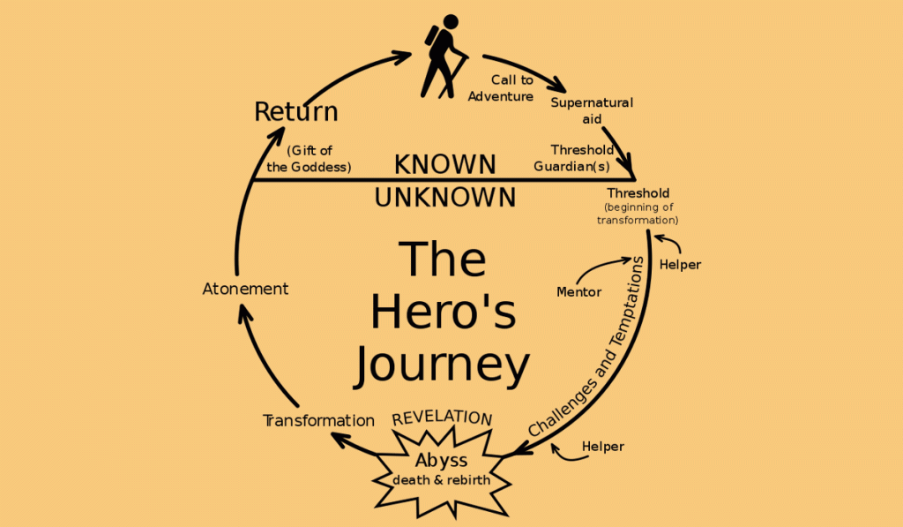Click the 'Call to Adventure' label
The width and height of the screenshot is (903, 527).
501,88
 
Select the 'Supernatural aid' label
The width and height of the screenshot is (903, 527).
592,110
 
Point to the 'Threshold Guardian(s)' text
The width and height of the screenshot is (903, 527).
582,157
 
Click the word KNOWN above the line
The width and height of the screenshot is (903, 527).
444,164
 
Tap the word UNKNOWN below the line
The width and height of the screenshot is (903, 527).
444,197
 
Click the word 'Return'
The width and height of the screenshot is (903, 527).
296,112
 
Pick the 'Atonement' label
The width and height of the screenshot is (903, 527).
245,289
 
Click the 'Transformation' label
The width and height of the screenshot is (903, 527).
319,420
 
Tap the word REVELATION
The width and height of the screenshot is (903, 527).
442,418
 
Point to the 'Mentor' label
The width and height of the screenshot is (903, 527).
579,291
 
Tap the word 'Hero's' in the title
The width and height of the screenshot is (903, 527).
443,312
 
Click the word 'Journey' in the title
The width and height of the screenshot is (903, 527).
442,365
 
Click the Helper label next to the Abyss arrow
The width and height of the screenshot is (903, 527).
603,447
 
